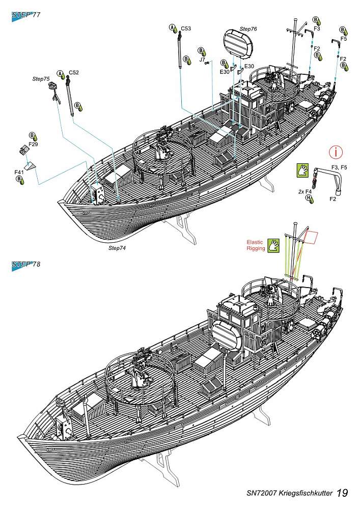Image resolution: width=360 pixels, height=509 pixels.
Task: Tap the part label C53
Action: tap(186, 29)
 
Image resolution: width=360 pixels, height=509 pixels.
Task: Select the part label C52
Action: tap(74, 73)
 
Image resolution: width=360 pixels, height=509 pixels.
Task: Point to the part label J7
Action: tap(202, 60)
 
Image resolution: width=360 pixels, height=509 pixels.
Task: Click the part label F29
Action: tap(34, 145)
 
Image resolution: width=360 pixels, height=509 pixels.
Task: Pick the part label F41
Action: tap(19, 173)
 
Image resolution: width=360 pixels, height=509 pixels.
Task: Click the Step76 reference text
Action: tap(248, 29)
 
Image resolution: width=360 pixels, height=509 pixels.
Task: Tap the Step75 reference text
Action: tap(41, 79)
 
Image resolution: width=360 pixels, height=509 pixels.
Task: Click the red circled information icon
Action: tap(336, 151)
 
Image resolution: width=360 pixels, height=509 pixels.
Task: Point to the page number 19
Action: tap(342, 493)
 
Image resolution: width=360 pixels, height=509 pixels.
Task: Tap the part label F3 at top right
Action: tap(317, 29)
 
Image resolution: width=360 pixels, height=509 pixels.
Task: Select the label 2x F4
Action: tap(304, 192)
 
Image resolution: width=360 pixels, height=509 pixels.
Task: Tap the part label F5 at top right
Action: tap(343, 38)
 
